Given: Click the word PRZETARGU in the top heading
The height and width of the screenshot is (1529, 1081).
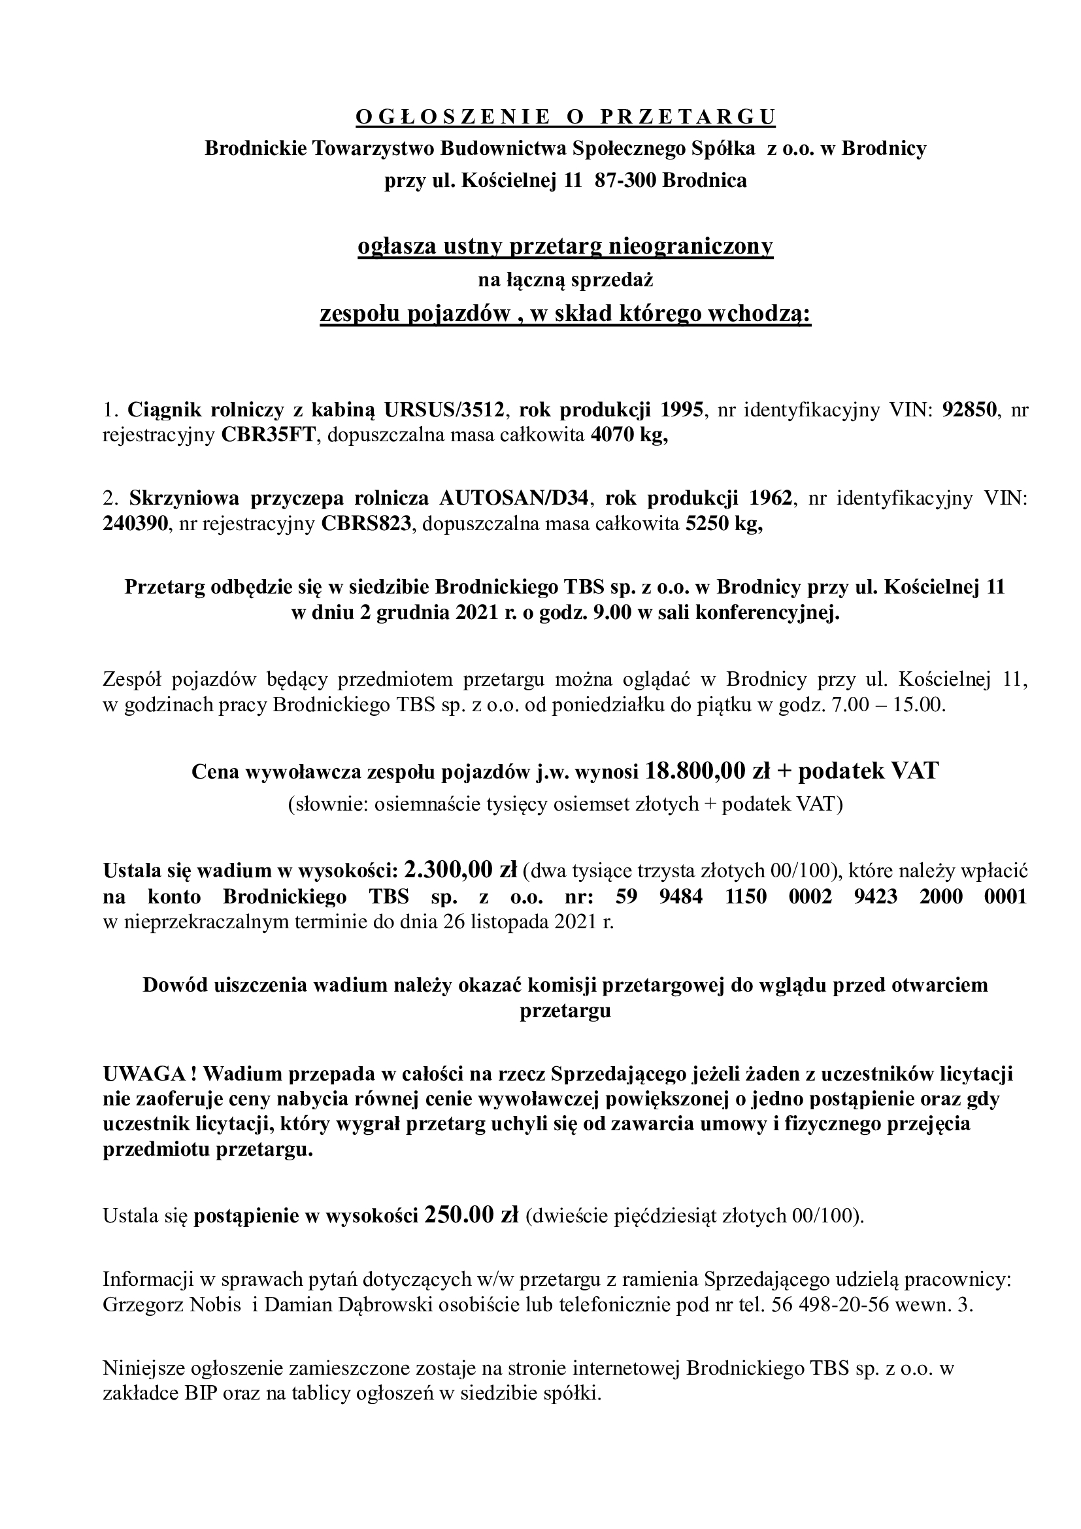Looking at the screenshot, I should [x=688, y=117].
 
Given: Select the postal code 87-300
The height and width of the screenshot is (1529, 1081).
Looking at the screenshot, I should [x=625, y=180].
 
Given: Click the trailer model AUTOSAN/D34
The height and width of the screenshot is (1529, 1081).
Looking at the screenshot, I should [x=512, y=498].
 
